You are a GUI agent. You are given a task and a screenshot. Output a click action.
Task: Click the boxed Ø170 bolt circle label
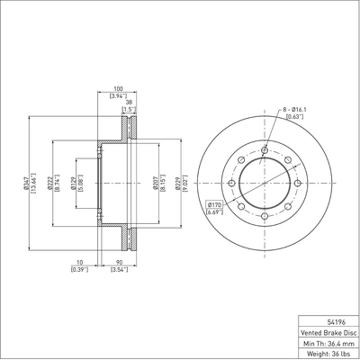pos(214,204)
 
